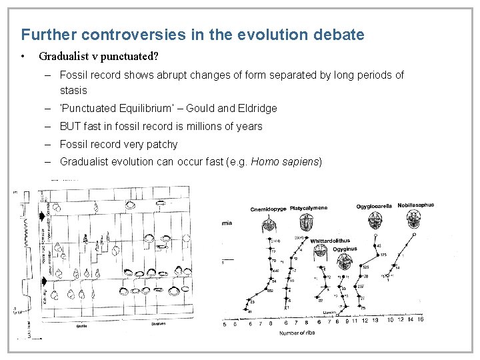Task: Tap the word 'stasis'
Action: [x=73, y=90]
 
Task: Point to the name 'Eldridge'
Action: [x=257, y=108]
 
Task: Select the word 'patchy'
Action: [x=162, y=144]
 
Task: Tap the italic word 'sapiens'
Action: [x=301, y=161]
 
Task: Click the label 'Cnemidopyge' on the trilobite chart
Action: [x=268, y=209]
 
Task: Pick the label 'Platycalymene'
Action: [x=307, y=209]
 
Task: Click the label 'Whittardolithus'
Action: [x=330, y=241]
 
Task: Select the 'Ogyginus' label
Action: [x=346, y=248]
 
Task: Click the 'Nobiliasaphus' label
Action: [x=416, y=205]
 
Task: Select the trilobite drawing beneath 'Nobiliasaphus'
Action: [x=416, y=219]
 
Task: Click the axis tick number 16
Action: [x=420, y=319]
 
